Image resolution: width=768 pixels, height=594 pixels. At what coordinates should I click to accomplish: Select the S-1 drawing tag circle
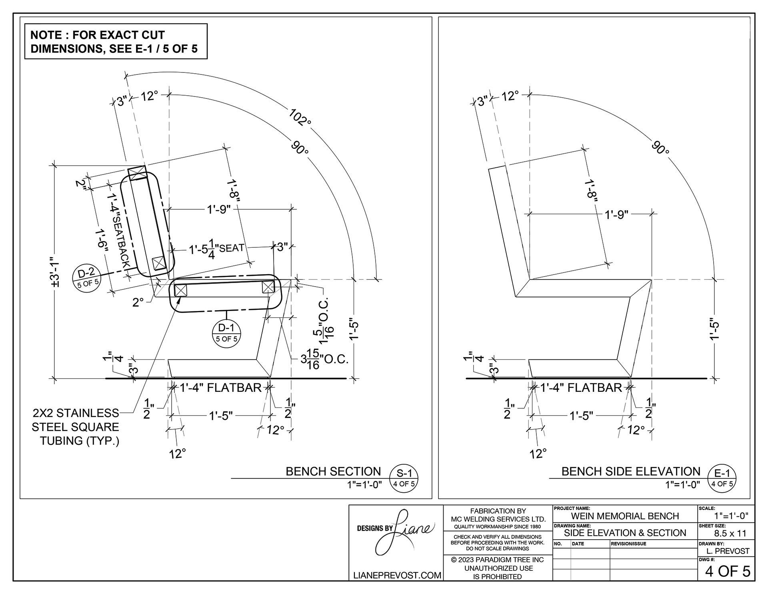(x=404, y=478)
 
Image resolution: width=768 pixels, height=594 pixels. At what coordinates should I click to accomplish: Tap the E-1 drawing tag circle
(x=722, y=478)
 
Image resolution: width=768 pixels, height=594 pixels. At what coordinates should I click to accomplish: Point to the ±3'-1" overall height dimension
(x=56, y=272)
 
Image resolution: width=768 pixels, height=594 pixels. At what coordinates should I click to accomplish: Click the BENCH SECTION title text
(x=333, y=471)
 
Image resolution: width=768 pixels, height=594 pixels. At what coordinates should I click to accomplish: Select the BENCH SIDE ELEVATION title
(x=631, y=471)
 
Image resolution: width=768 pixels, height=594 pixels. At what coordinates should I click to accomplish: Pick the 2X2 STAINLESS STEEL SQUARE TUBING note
(x=76, y=427)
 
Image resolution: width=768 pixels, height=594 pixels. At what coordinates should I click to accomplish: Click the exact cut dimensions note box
(x=116, y=41)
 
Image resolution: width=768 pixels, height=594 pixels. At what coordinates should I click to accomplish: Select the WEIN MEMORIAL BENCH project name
(x=625, y=516)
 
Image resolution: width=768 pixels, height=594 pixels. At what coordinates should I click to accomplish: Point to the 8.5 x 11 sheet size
(x=730, y=533)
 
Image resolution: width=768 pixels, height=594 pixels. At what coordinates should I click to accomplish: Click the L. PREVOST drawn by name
(x=728, y=551)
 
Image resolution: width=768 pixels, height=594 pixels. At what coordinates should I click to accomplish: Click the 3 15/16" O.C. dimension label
(x=324, y=359)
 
